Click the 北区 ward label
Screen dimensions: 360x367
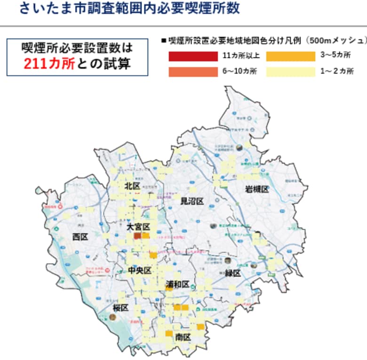coord(133,186)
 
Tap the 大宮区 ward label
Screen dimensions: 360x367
coord(138,227)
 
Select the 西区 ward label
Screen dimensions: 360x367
coord(80,237)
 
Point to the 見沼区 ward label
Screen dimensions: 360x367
coord(192,201)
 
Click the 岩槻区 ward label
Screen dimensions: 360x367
coord(256,189)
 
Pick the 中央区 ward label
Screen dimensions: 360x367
coord(139,270)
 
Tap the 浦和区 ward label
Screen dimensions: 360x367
coord(177,285)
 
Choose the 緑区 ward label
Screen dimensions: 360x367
coord(232,273)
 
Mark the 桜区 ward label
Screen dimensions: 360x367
coord(121,308)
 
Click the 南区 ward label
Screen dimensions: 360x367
coord(183,337)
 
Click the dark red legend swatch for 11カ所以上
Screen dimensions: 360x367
coord(193,57)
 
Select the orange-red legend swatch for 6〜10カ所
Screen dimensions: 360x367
coord(193,72)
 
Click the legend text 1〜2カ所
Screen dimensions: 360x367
coord(336,72)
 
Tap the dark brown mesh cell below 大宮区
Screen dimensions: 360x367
coord(138,236)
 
